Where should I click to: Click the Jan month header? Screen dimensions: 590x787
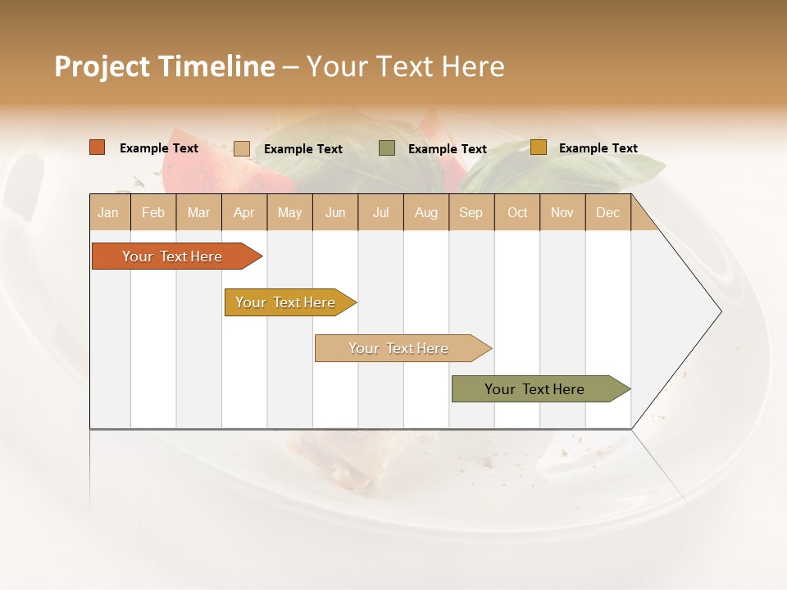point(108,212)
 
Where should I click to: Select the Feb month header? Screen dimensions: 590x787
point(153,212)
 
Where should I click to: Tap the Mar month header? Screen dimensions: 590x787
point(198,212)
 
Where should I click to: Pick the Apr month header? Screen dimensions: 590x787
point(243,212)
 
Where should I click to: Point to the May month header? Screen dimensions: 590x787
point(289,212)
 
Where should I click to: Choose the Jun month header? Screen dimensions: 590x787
point(335,212)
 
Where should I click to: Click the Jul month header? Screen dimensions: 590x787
point(380,212)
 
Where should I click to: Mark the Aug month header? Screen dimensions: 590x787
point(426,212)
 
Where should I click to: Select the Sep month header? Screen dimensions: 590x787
point(471,212)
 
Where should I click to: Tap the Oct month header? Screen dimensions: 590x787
point(517,212)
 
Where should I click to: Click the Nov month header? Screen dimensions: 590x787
point(562,212)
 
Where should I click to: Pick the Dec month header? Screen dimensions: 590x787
point(608,212)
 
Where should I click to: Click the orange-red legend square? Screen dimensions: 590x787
point(98,147)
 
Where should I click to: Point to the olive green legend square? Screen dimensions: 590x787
point(387,147)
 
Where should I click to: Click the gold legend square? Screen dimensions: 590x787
point(538,147)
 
